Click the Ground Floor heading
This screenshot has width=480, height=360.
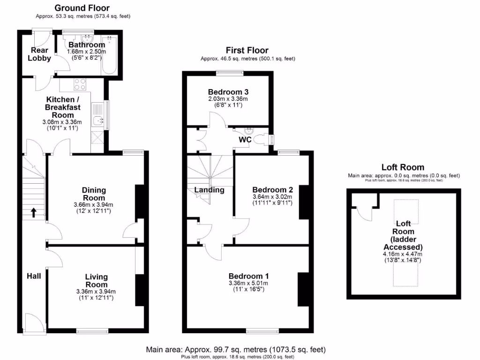pyautogui.click(x=82, y=8)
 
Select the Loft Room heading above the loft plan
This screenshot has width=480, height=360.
pyautogui.click(x=403, y=167)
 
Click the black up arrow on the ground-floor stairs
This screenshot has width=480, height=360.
pyautogui.click(x=34, y=213)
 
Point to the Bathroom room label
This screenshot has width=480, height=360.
pyautogui.click(x=87, y=45)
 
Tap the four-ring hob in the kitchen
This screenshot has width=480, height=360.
pyautogui.click(x=79, y=84)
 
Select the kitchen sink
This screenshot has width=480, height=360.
pyautogui.click(x=98, y=121)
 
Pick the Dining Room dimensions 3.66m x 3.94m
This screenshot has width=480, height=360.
pyautogui.click(x=94, y=205)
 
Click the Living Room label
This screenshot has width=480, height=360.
pyautogui.click(x=96, y=281)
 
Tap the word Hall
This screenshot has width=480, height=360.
pyautogui.click(x=33, y=276)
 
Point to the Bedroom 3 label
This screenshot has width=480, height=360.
pyautogui.click(x=228, y=91)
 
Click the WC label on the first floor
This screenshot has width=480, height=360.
pyautogui.click(x=245, y=140)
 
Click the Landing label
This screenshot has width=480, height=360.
pyautogui.click(x=209, y=190)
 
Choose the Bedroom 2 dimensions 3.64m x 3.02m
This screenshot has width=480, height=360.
pyautogui.click(x=273, y=197)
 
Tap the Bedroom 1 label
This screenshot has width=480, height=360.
pyautogui.click(x=248, y=276)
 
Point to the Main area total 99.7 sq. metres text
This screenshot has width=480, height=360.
pyautogui.click(x=236, y=350)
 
